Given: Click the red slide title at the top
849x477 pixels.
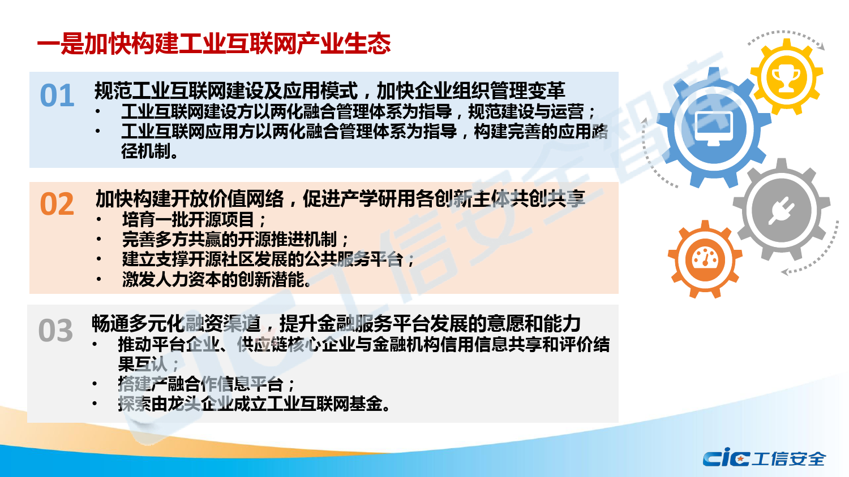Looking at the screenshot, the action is (x=214, y=44).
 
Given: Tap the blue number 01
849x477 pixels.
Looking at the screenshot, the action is (x=57, y=96).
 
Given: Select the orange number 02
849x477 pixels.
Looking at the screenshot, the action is (x=57, y=204).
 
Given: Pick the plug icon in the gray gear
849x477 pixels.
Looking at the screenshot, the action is (x=782, y=210).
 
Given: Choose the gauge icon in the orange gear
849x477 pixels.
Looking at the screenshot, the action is (x=705, y=259).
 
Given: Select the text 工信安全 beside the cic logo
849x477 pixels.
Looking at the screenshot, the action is (x=789, y=459).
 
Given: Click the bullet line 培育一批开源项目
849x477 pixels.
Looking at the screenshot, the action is (x=194, y=220).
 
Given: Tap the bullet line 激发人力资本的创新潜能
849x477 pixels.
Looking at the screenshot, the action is (x=216, y=279).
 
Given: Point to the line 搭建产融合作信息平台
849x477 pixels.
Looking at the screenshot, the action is (x=206, y=384).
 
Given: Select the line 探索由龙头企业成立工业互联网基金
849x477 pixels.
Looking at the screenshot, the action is (x=254, y=404).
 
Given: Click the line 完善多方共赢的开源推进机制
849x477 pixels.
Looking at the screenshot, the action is (x=235, y=239).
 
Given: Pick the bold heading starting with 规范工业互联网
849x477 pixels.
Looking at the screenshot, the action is (x=329, y=90).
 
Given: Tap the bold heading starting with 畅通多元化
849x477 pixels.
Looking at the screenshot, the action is (x=336, y=324).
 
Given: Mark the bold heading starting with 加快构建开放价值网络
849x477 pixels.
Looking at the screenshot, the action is (x=340, y=199).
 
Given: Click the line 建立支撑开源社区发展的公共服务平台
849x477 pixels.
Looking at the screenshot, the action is (x=268, y=259).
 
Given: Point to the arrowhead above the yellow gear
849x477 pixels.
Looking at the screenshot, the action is (x=821, y=47).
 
